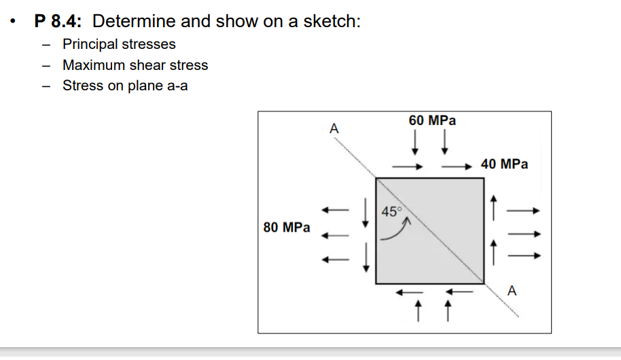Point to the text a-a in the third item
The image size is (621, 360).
[x=175, y=86]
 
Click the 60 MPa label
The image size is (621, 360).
[x=432, y=121]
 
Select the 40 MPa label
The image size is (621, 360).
[x=504, y=164]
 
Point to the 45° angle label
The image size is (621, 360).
[x=392, y=211]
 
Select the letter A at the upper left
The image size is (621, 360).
[x=334, y=128]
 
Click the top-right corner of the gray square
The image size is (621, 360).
[x=484, y=178]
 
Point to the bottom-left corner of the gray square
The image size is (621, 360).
[x=376, y=283]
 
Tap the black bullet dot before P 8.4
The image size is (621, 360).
[x=13, y=22]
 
